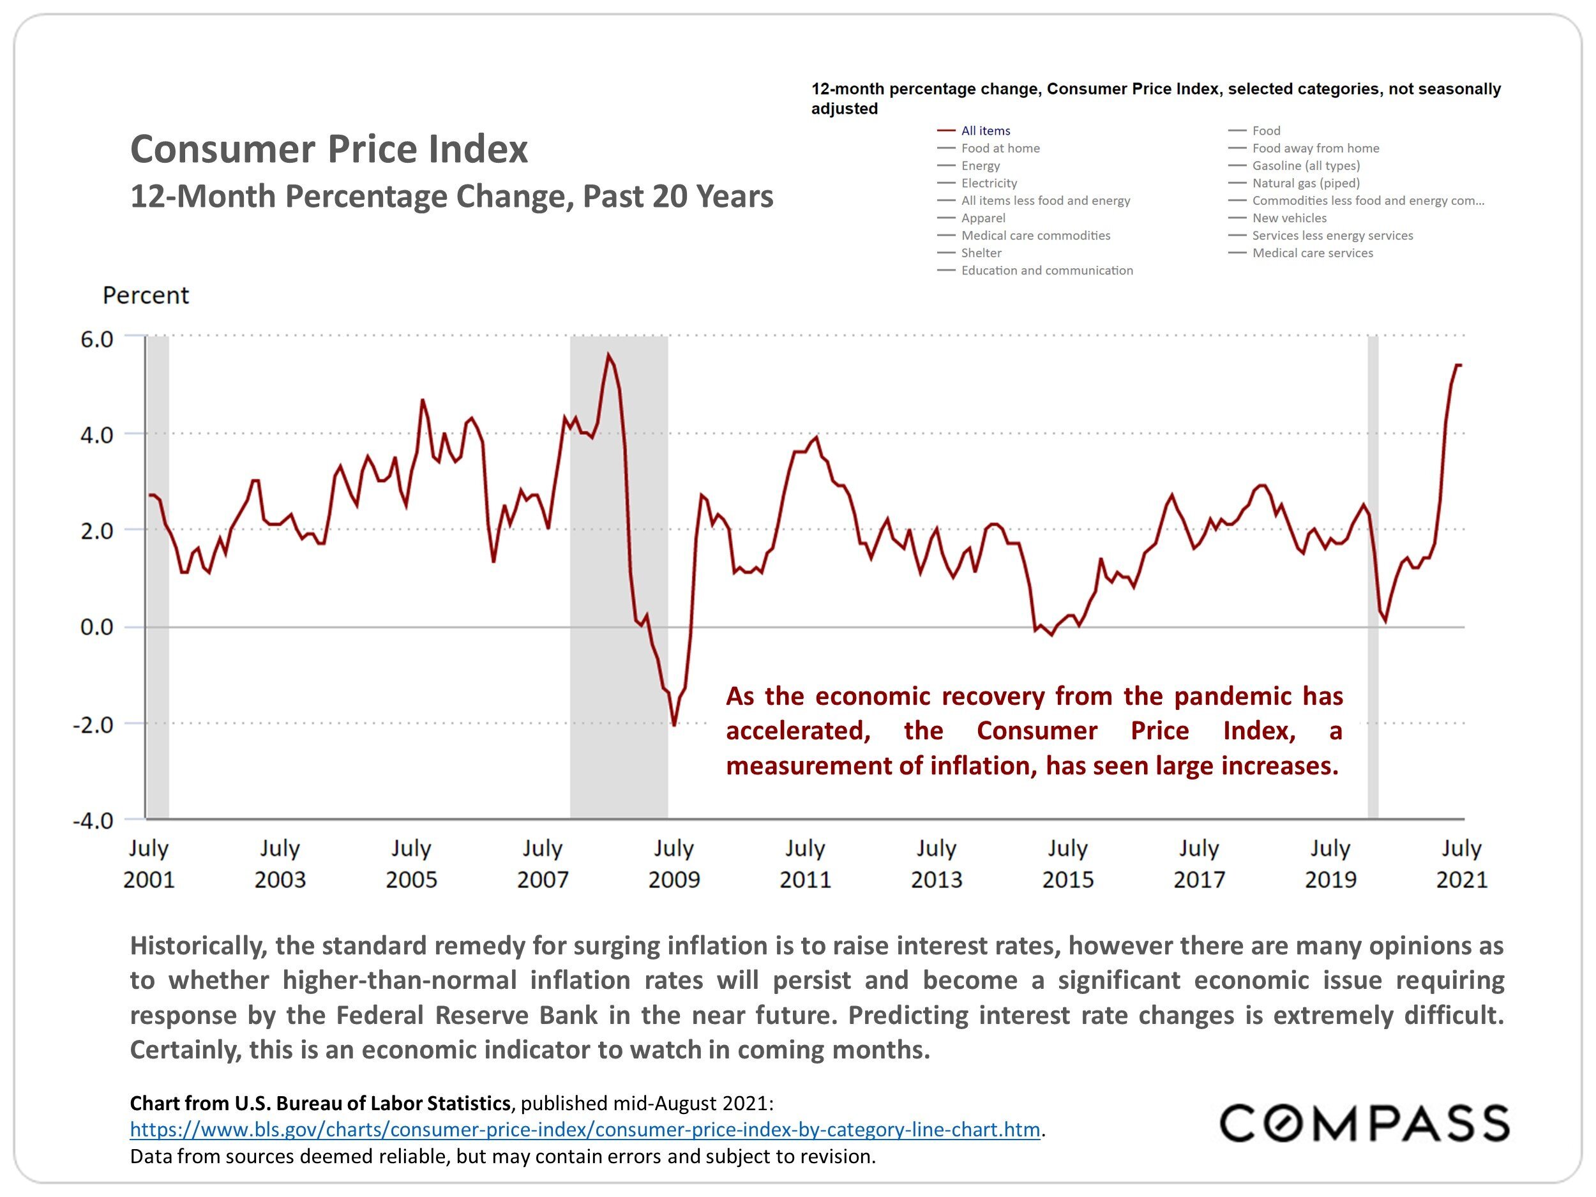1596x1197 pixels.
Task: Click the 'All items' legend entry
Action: tap(985, 131)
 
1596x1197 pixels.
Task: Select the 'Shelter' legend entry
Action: tap(981, 253)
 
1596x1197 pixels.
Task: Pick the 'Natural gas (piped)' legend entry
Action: tap(1306, 183)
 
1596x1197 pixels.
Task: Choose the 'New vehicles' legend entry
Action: tap(1289, 218)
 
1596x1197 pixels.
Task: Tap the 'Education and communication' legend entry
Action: tap(1046, 271)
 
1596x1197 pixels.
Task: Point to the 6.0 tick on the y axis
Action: tap(96, 339)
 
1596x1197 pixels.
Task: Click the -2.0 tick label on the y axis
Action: tap(94, 725)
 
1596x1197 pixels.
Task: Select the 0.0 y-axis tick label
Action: tap(96, 628)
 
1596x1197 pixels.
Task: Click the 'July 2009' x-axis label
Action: tap(674, 864)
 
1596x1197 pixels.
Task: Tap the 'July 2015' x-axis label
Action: tap(1068, 864)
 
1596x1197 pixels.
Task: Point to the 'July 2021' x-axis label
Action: tap(1462, 864)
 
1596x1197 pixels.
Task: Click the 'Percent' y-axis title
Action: tap(146, 295)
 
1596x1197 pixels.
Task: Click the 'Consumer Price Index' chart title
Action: tap(329, 149)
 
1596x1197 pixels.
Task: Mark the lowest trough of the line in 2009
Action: tap(675, 725)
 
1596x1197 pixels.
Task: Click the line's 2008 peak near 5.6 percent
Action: tap(608, 354)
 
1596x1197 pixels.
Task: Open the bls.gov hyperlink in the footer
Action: tap(584, 1129)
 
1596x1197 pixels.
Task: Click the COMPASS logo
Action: tap(1364, 1124)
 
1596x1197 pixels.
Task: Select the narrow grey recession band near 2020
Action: tap(1373, 577)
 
